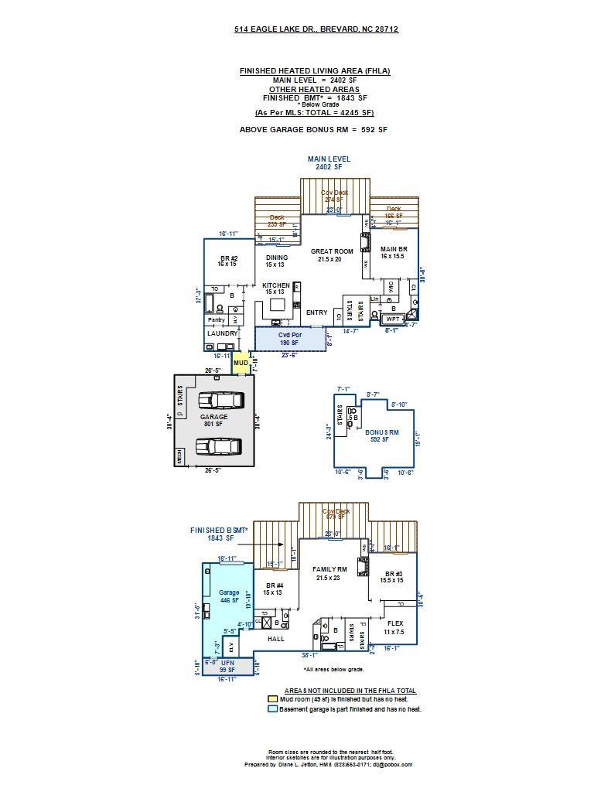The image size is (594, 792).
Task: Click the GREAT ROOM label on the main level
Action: (x=332, y=251)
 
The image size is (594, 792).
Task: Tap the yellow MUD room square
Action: (x=241, y=363)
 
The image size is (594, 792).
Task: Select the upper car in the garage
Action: (x=221, y=400)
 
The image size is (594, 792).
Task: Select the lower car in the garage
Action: (x=219, y=446)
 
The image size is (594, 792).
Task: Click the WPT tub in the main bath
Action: (x=393, y=318)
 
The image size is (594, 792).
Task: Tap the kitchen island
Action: (x=277, y=304)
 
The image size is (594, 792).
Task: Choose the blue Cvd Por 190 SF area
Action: (x=289, y=339)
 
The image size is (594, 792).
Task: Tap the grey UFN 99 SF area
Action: (x=227, y=666)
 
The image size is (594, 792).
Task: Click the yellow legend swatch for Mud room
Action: (x=272, y=699)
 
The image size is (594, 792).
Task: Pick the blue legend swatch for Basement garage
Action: (x=272, y=708)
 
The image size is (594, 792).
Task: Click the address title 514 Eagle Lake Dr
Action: (x=316, y=29)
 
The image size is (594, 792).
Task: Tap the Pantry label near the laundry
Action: (x=216, y=319)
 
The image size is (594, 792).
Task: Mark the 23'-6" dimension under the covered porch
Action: (x=288, y=355)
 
